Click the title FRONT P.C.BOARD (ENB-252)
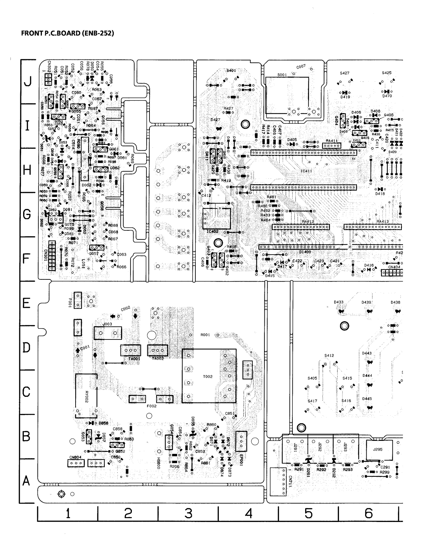pos(67,33)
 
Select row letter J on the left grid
pos(27,82)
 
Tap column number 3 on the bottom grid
pos(188,514)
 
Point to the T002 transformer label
pos(208,377)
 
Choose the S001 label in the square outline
pos(282,75)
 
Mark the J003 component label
pos(107,324)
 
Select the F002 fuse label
pos(152,406)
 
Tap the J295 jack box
pos(378,450)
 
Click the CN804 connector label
pos(75,457)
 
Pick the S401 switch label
pos(231,70)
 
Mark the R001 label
pos(205,335)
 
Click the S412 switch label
pos(329,355)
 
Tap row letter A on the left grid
pos(26,481)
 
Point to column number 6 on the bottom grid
pos(368,514)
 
